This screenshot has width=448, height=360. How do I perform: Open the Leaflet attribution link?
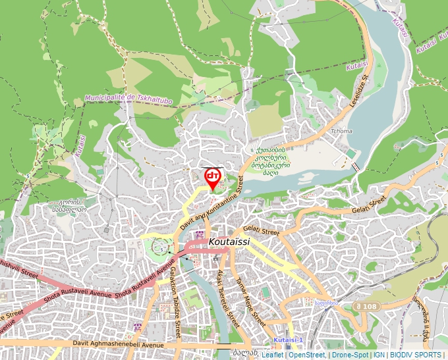click(x=273, y=355)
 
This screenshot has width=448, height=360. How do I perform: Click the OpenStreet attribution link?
click(x=307, y=355)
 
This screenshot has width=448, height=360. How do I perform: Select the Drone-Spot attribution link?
click(x=350, y=355)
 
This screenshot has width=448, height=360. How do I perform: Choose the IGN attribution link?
click(x=379, y=355)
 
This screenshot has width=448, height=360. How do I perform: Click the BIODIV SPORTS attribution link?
click(x=417, y=355)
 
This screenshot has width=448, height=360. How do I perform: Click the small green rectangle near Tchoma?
click(x=350, y=153)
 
